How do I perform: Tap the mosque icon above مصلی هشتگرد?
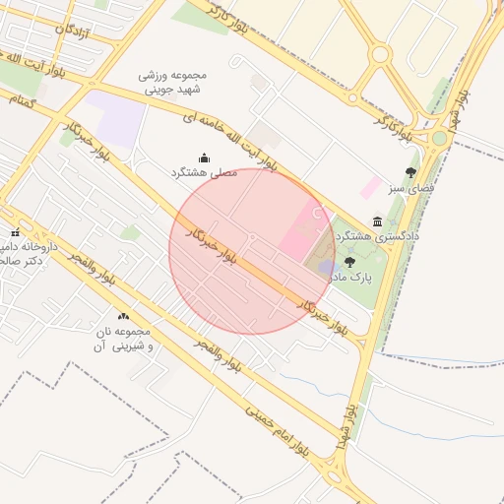click(x=204, y=157)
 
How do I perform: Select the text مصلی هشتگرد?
click(x=205, y=172)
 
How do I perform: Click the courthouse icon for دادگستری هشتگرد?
click(x=378, y=222)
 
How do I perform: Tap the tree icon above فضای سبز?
click(x=410, y=172)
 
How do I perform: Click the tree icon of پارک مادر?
click(x=349, y=262)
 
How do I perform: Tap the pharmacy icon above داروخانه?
click(x=14, y=232)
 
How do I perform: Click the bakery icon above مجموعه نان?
click(x=123, y=316)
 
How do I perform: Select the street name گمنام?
click(x=21, y=101)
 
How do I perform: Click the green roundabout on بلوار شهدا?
click(x=439, y=138)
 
